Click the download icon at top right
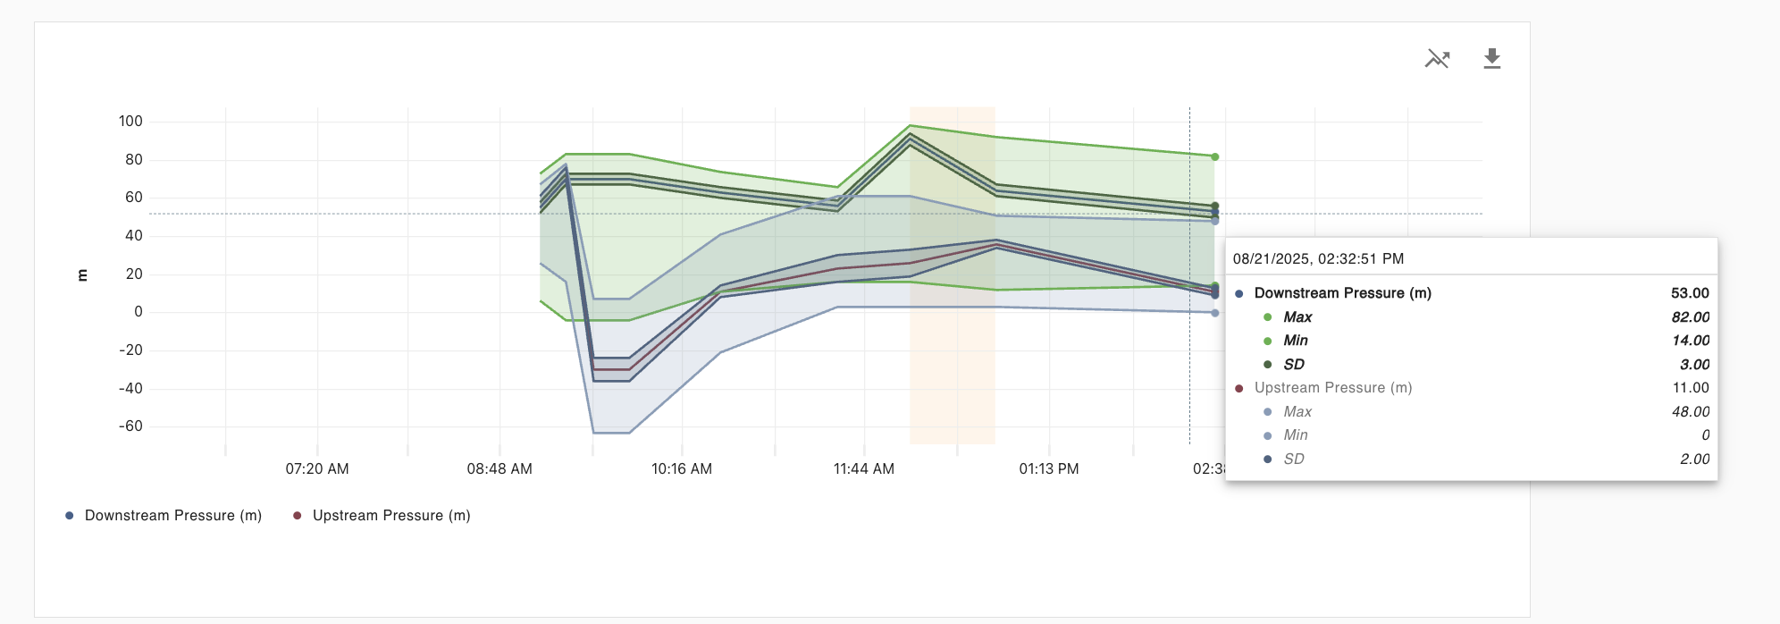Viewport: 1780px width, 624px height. [1491, 59]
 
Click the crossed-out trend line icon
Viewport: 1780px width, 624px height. [1437, 59]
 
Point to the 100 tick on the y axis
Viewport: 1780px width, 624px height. [130, 122]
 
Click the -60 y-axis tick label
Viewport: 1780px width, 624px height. [130, 426]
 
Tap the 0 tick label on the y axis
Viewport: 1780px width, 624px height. [139, 312]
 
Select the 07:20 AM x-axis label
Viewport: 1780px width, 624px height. [317, 469]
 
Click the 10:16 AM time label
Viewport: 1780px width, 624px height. [682, 469]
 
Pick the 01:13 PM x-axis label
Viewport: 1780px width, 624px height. [1048, 469]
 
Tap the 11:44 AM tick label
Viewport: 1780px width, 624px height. [863, 469]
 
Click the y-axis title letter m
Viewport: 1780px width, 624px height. [82, 275]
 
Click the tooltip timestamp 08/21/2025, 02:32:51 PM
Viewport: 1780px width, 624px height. [1318, 259]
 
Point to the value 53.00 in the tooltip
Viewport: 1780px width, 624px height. [1690, 293]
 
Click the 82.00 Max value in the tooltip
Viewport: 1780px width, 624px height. [1691, 317]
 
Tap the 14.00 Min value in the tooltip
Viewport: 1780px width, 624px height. [1691, 341]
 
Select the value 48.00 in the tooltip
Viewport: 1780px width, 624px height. [1691, 412]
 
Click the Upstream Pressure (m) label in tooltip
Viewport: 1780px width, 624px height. [1332, 388]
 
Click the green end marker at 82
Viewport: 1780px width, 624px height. [1214, 157]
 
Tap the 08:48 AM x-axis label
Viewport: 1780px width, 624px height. [500, 469]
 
